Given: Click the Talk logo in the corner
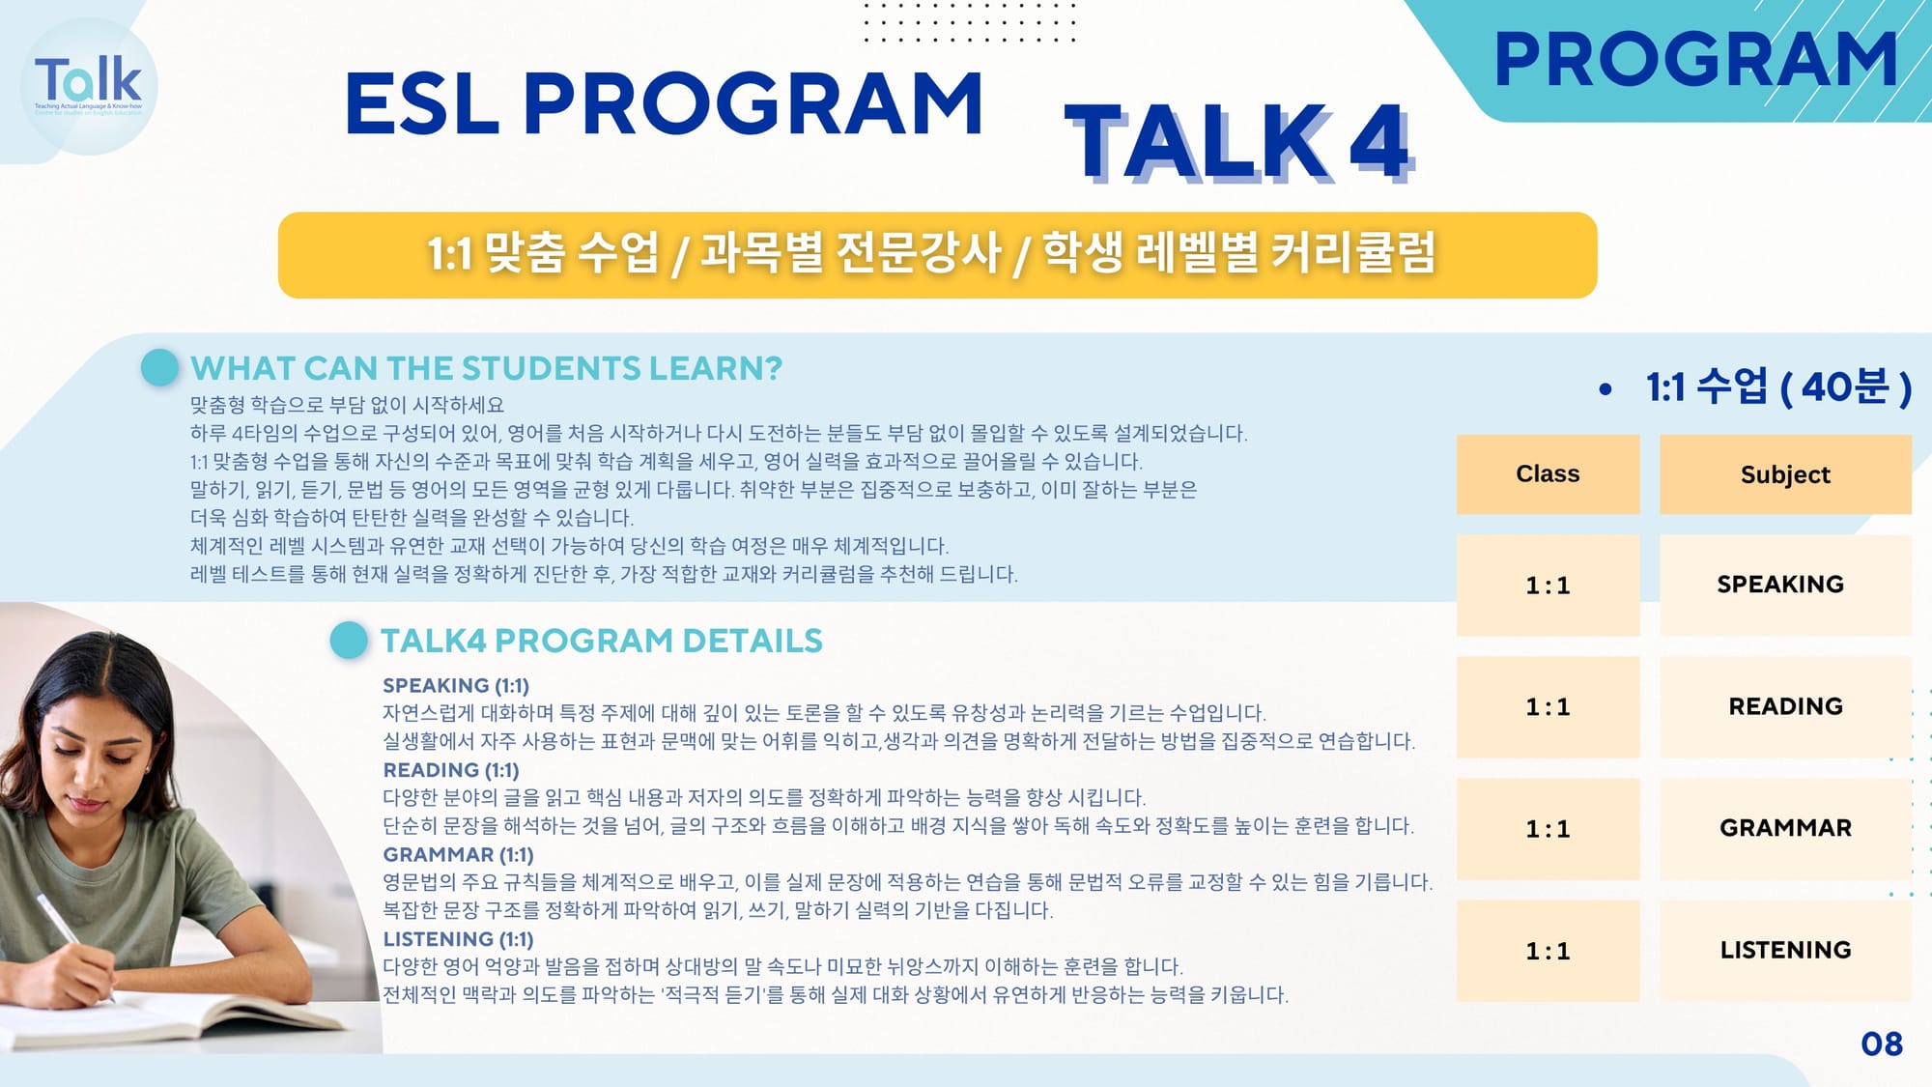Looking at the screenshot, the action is coord(89,86).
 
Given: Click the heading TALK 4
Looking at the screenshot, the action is coord(1237,143).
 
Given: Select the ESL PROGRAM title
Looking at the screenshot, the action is coord(664,103).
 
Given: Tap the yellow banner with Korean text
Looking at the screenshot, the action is coord(937,255).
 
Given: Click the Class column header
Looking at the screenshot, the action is coord(1548,474).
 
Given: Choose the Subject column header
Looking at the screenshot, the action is coord(1785,474).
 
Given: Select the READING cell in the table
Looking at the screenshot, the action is coord(1785,706).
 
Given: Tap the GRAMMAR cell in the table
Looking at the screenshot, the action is coord(1785,828).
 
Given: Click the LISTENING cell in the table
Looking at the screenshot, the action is coord(1785,950).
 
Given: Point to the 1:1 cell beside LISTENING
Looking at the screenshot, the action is coord(1548,951).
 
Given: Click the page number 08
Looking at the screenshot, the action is coord(1882,1044).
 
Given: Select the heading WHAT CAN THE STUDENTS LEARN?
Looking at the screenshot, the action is coord(486,368).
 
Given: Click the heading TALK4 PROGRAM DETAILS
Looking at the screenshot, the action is coord(601,641).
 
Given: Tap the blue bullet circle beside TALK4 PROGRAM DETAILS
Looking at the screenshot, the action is coord(349,640).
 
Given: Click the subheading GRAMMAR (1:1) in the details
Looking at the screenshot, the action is coord(458,855).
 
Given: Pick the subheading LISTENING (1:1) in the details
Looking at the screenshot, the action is coord(458,939).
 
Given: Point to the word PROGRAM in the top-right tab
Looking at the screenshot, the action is coord(1696,60).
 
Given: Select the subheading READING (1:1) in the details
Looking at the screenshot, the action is coord(451,770).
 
